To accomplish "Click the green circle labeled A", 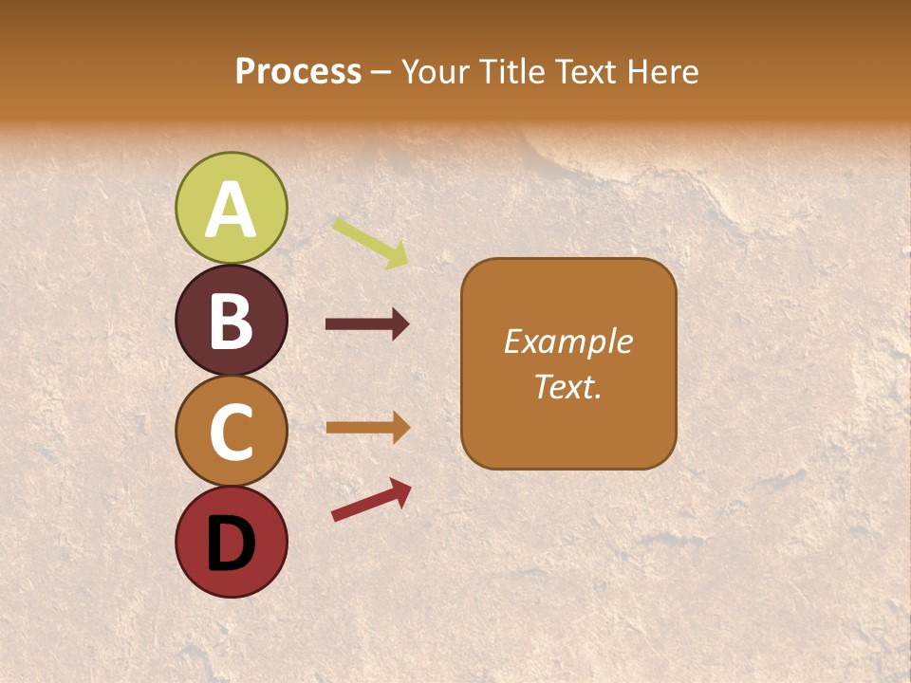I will pos(232,208).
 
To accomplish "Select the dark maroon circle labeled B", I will pos(232,320).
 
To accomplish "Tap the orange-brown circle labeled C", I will pos(232,432).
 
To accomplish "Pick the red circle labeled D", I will pos(232,543).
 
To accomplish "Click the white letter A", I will pos(232,209).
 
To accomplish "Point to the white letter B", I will pos(232,321).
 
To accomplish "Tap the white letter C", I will pos(232,433).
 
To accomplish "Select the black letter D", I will pos(232,544).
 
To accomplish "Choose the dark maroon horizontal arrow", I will pos(367,324).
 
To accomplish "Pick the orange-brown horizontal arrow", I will pos(367,428).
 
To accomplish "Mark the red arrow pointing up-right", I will pos(371,500).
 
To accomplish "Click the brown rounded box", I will pos(568,363).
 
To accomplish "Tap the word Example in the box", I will pos(568,341).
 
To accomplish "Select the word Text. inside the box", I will pos(568,386).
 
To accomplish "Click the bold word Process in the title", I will pos(298,72).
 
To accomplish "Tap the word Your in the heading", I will pos(437,72).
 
